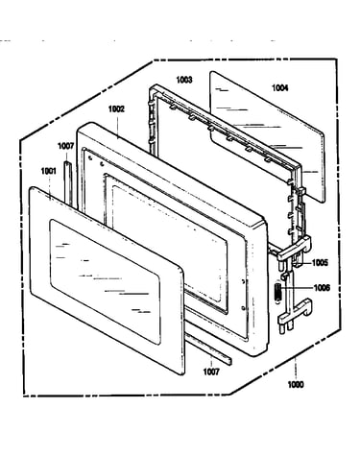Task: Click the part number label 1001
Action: click(x=48, y=171)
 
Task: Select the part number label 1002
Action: click(x=116, y=109)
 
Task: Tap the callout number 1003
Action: click(x=184, y=80)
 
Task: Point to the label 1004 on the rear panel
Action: click(x=280, y=87)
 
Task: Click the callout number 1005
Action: click(x=320, y=263)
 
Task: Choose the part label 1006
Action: click(x=322, y=288)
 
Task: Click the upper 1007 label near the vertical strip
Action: click(x=65, y=146)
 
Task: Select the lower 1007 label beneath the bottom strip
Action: click(x=211, y=372)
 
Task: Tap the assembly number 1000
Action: click(x=296, y=385)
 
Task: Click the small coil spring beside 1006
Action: click(x=277, y=292)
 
